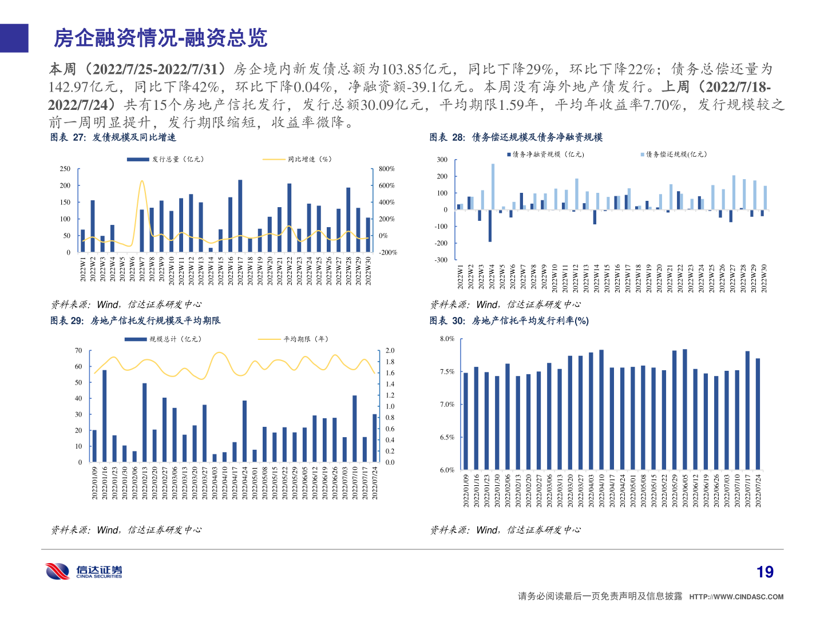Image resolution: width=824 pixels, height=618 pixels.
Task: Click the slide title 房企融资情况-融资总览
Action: tap(160, 38)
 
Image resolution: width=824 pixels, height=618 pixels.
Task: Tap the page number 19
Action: tap(764, 572)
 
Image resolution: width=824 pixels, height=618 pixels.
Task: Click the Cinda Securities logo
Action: tap(84, 571)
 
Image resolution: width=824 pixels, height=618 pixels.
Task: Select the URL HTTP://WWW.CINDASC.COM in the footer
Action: tap(736, 597)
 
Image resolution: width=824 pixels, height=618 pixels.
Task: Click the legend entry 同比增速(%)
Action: tap(309, 159)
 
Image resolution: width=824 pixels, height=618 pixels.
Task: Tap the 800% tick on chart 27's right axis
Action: tap(387, 169)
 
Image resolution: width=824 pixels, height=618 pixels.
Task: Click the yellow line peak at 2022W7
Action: tap(142, 181)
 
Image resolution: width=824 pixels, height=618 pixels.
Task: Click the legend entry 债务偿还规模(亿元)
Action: tap(676, 154)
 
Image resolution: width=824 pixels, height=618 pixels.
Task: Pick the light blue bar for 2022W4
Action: tap(493, 187)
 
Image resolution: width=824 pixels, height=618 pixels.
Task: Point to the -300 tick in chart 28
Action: tap(441, 260)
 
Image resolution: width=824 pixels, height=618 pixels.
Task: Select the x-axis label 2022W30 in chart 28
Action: tap(764, 278)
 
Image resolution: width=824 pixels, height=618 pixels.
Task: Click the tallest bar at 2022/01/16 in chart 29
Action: tap(104, 416)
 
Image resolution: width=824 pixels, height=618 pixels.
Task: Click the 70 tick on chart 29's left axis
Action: tap(78, 350)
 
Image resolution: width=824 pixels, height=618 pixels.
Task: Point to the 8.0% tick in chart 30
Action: tap(447, 339)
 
